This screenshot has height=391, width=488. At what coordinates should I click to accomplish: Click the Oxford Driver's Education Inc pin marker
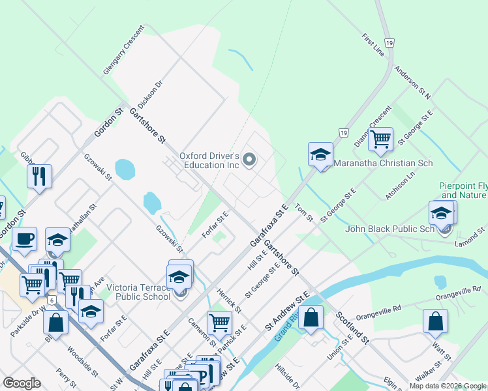coord(249,159)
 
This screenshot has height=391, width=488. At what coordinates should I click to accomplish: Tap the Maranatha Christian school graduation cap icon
coord(320,155)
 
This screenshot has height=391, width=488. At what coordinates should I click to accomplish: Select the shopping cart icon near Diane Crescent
coord(380,139)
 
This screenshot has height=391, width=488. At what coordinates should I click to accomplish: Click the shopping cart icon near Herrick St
coord(219,322)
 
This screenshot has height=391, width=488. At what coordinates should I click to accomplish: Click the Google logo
coord(22,383)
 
